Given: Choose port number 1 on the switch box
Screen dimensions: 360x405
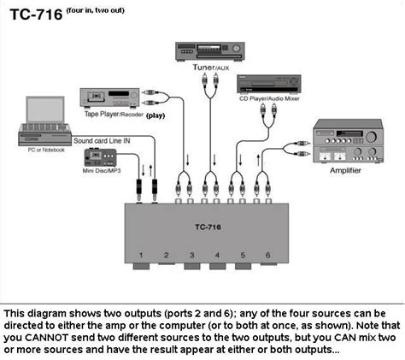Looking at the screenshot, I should pos(141,256).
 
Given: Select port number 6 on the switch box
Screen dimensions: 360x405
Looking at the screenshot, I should pos(267,256).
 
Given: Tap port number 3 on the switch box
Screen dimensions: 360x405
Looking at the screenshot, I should pos(191,256).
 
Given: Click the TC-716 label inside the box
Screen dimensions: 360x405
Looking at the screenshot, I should pos(205,227).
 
